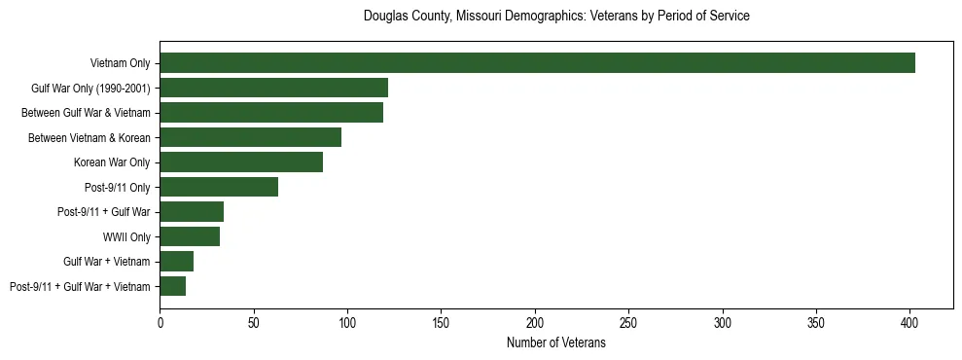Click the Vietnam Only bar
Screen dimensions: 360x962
pos(537,63)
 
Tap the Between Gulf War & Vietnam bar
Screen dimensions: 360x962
pos(271,113)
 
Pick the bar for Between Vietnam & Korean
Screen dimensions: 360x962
pos(250,137)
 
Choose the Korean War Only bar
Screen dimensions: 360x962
pos(241,162)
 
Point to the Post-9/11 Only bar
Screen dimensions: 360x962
pos(219,187)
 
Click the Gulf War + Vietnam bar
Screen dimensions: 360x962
pos(176,261)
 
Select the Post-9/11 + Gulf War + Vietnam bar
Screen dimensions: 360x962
pos(172,286)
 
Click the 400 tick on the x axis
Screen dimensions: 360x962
pos(909,319)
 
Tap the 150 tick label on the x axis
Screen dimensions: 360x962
pos(441,319)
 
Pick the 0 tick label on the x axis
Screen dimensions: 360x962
pos(160,319)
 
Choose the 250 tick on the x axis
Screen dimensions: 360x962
pos(628,319)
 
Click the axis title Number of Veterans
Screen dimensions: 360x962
pos(555,342)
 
